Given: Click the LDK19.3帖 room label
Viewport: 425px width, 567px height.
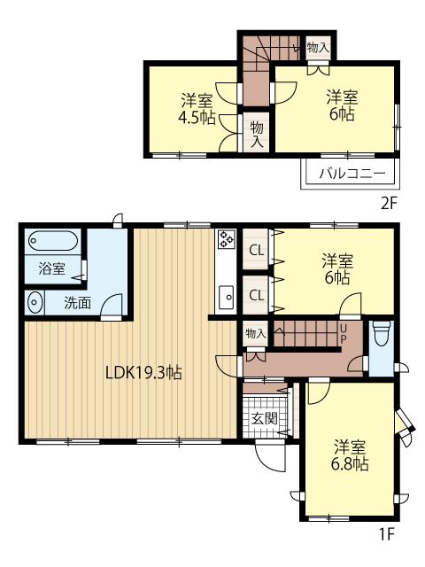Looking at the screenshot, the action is (x=143, y=372).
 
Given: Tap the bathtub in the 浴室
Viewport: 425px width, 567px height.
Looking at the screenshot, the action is (x=53, y=241).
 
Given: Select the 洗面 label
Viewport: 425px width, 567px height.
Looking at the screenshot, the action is (x=77, y=303).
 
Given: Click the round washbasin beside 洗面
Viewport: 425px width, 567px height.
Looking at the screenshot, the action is (x=34, y=301).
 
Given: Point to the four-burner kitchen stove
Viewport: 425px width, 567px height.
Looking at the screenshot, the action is (x=227, y=240).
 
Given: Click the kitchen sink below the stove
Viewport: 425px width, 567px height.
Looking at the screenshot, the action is (x=227, y=298).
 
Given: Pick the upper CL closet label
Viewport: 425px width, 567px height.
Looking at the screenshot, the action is (x=257, y=250).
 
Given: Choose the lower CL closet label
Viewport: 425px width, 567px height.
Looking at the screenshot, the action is (x=257, y=295).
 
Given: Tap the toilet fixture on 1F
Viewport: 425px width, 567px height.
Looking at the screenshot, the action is (x=382, y=335).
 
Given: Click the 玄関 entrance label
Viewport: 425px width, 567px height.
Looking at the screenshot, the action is (x=265, y=418).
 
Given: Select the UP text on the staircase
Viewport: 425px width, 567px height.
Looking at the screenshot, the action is (x=343, y=334).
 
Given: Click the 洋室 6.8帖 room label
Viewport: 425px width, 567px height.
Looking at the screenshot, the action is (x=350, y=454).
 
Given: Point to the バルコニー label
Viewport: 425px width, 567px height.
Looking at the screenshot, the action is (x=352, y=174).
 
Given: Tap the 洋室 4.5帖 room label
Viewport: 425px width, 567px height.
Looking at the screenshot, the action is (x=197, y=109).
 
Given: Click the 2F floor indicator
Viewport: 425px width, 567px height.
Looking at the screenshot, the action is (x=389, y=204).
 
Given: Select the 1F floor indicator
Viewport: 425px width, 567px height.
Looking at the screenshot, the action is (x=386, y=533).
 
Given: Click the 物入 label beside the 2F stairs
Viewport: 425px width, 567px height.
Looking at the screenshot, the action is (x=318, y=47).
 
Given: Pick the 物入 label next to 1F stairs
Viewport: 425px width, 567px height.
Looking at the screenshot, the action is (x=256, y=333).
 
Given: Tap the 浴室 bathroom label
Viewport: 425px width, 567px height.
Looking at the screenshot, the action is (x=52, y=268).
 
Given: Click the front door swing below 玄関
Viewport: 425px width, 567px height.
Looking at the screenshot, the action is (x=270, y=455).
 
